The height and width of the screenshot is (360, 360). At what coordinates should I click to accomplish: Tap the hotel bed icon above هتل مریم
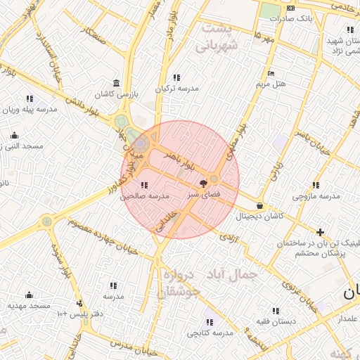271,74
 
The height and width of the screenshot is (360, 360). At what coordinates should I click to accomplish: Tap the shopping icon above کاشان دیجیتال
261,206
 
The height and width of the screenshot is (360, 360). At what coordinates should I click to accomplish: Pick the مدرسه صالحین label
144,196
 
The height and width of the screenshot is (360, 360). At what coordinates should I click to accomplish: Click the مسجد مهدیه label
29,305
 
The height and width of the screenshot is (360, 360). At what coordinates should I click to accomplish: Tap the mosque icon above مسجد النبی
13,135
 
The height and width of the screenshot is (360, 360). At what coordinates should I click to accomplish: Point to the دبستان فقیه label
276,321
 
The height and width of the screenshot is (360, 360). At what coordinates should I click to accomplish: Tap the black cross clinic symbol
321,232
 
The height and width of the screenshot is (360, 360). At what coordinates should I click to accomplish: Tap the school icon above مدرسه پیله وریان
30,99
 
